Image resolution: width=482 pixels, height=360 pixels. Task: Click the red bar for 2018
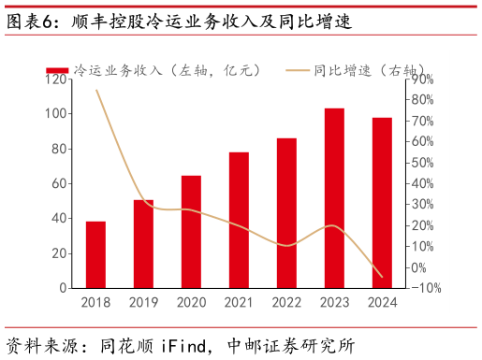95,254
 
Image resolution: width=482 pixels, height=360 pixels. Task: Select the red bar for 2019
143,244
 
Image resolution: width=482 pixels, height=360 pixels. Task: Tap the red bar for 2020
191,232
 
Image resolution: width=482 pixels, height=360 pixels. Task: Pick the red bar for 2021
239,220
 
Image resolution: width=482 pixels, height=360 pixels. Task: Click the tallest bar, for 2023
334,198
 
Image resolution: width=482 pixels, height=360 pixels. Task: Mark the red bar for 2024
382,203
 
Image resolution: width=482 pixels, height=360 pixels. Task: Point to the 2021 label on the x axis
239,302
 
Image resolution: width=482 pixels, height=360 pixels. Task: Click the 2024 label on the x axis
382,302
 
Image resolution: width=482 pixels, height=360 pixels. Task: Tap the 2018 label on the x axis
95,302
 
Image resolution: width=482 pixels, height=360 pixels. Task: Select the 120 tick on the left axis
56,79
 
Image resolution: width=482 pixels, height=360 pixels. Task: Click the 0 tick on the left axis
64,288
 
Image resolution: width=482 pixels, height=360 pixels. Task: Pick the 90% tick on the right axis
420,79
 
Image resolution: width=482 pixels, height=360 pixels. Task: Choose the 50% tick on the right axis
420,163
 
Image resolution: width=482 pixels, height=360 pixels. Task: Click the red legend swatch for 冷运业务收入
57,70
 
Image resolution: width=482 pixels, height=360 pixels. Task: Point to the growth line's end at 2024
382,277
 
